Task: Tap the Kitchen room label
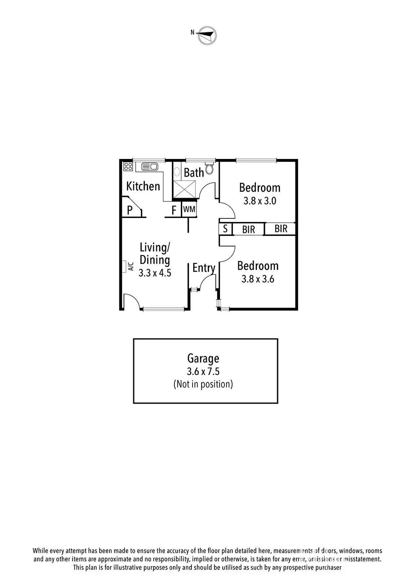point(143,186)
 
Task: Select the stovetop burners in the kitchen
point(128,167)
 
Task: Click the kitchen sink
point(149,167)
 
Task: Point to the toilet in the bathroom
point(210,169)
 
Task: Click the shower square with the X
point(185,190)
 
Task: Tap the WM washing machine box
point(189,209)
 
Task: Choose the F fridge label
point(174,210)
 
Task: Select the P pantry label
point(130,210)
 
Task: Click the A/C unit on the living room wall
point(125,266)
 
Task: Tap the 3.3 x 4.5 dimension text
point(155,273)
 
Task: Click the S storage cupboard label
point(225,229)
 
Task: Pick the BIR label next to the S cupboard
point(249,230)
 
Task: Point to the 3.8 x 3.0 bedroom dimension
point(260,201)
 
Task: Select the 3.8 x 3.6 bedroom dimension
point(258,279)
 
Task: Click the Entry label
point(204,268)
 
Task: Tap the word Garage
point(203,358)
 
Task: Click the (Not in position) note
point(203,384)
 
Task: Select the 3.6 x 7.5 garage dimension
point(203,371)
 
